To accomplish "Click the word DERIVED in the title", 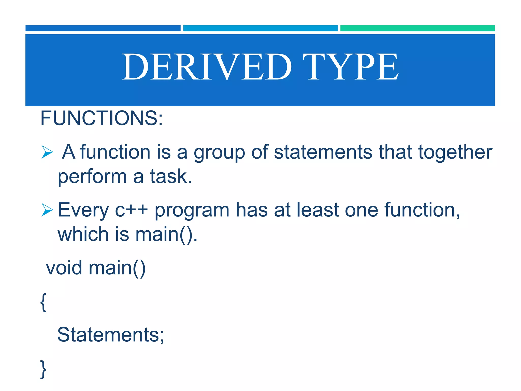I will click(207, 67).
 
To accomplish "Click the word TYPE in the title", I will click(351, 67).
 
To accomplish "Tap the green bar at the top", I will click(417, 28).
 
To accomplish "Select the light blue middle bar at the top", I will click(260, 28).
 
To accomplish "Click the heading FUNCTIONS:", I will click(102, 118).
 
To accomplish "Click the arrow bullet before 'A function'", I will click(47, 152).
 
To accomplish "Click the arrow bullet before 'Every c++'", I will click(47, 210).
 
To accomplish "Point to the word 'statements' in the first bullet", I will click(323, 152).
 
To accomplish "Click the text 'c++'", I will click(131, 210).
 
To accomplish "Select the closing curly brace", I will click(44, 369).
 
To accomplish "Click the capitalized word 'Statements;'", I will click(111, 335).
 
